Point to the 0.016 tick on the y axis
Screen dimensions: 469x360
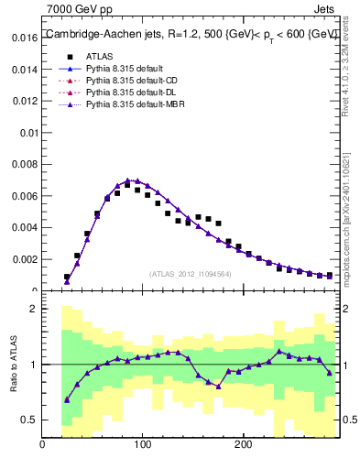pyautogui.click(x=25, y=38)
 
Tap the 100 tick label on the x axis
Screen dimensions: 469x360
pyautogui.click(x=142, y=445)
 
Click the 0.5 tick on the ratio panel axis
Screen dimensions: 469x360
pyautogui.click(x=29, y=420)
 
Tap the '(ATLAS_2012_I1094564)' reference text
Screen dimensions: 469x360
pyautogui.click(x=190, y=273)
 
